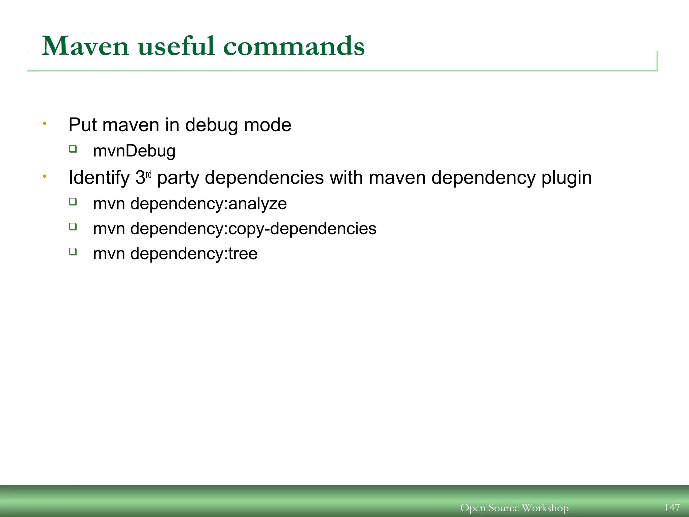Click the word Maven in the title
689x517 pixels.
[x=85, y=46]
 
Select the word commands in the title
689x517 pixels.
[x=294, y=46]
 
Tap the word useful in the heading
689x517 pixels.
[x=176, y=46]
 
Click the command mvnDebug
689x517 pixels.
[x=134, y=151]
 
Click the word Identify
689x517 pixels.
[x=99, y=178]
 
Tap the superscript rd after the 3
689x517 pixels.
[x=149, y=175]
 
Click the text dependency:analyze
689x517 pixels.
[x=208, y=204]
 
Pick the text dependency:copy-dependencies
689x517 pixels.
[x=253, y=229]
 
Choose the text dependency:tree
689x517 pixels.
[x=193, y=253]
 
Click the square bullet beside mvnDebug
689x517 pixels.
[x=73, y=149]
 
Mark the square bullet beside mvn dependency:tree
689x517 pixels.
[x=73, y=251]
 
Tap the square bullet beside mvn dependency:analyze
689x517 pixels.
[x=73, y=202]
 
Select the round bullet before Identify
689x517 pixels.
[x=44, y=176]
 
